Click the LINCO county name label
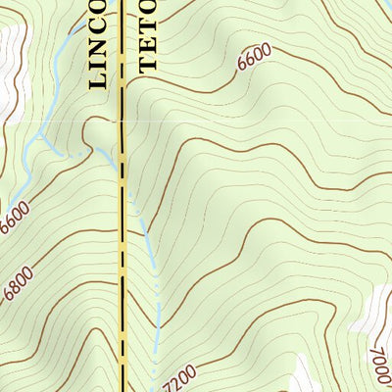[98, 45]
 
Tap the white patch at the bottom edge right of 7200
[299, 377]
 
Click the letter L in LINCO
[98, 82]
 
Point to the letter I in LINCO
[98, 67]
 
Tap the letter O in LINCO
[98, 8]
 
